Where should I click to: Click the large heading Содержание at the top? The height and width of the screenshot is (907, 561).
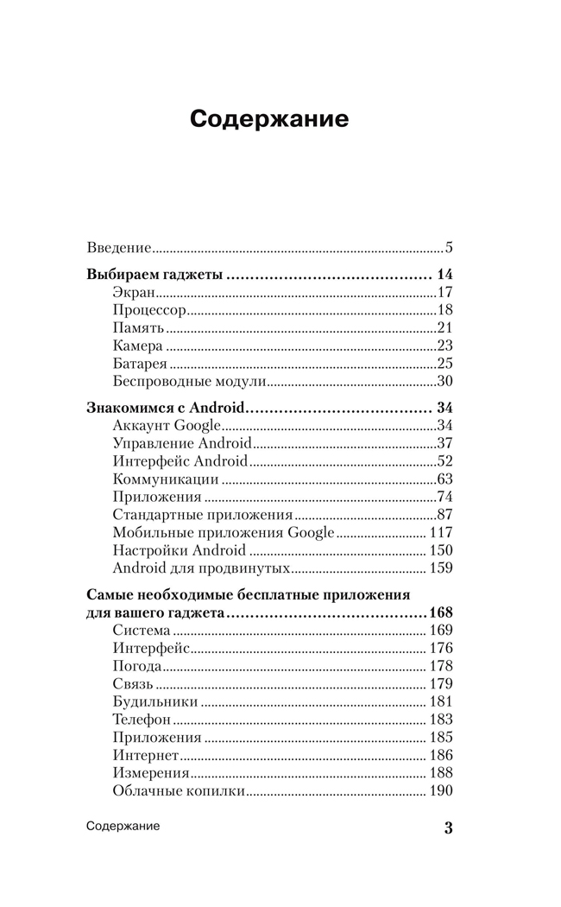point(269,118)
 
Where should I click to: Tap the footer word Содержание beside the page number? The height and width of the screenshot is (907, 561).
point(123,827)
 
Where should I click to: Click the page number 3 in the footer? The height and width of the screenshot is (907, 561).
point(448,828)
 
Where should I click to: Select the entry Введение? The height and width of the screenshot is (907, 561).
point(120,248)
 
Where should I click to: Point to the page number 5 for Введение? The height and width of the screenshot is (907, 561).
point(449,248)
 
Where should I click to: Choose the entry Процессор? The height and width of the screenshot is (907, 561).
point(149,310)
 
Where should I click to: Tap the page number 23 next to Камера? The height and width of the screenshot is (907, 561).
point(444,346)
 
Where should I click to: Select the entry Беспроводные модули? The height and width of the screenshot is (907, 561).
point(188,381)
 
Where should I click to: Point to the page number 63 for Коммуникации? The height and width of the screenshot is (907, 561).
point(444,479)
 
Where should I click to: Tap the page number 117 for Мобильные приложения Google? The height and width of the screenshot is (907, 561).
point(441,532)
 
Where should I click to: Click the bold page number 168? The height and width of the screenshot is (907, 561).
point(441,612)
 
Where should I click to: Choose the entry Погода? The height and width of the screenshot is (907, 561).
point(137,666)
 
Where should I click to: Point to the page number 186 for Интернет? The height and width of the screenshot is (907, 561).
point(441,755)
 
